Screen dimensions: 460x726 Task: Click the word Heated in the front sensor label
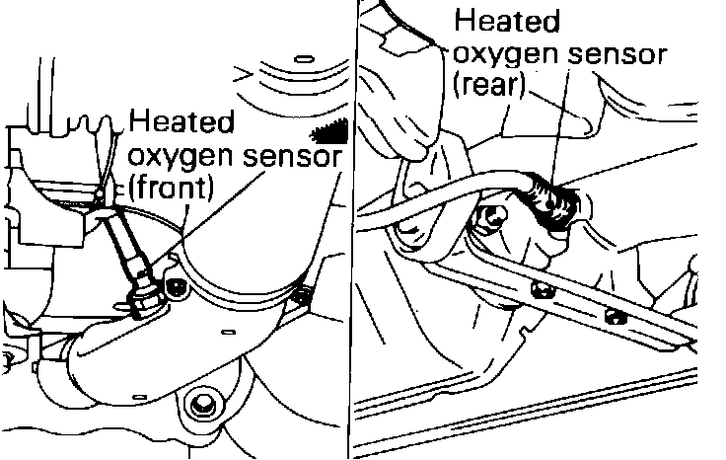[x=182, y=124]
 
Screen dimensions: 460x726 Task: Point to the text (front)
[x=172, y=187]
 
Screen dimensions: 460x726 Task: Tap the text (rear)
[x=490, y=85]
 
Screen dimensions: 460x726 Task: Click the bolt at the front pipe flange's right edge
[x=302, y=293]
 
